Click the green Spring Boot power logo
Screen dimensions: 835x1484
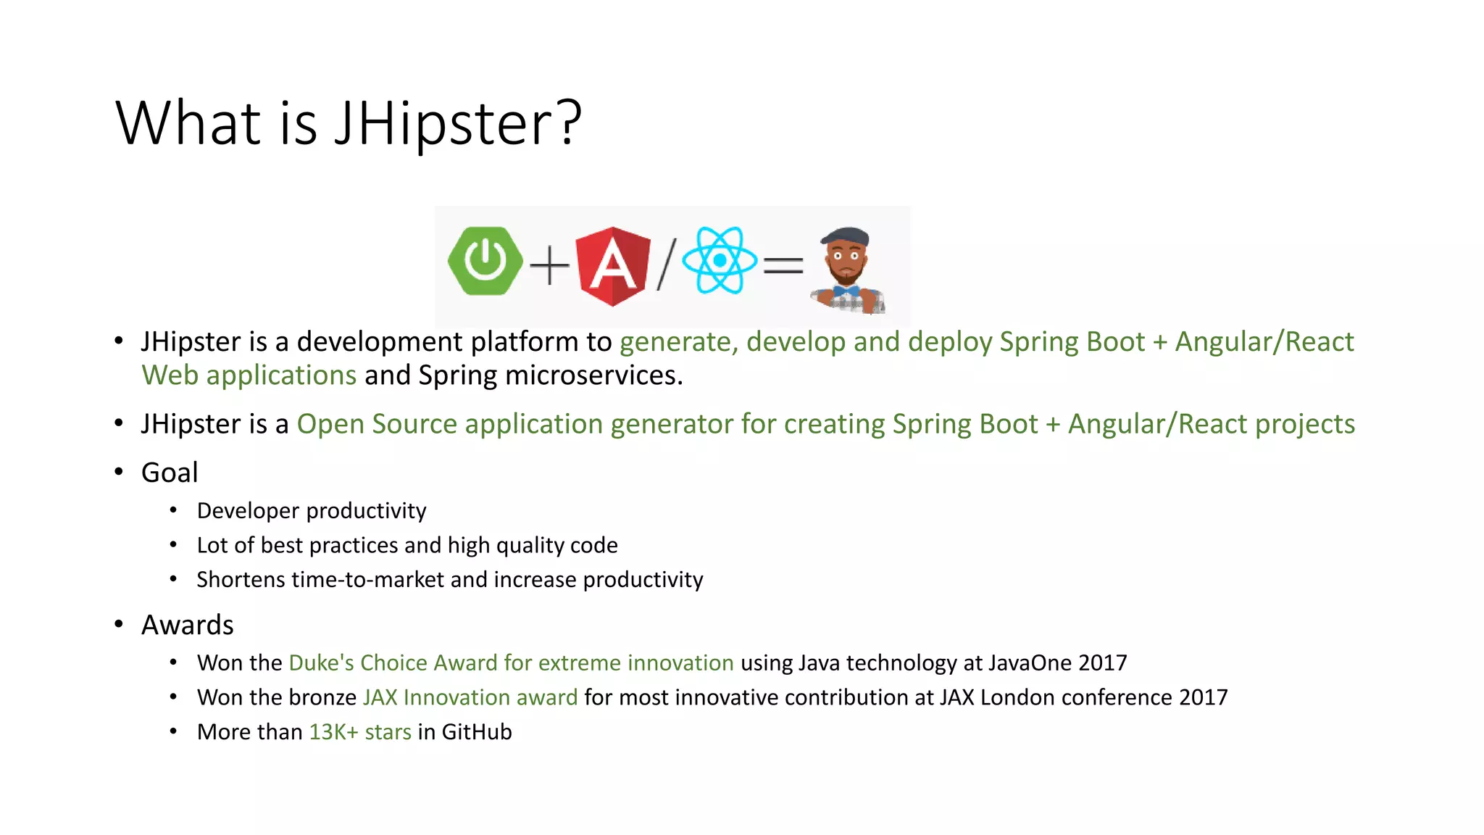click(x=485, y=262)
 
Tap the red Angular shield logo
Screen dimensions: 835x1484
click(x=613, y=265)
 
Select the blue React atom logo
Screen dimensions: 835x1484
click(x=720, y=260)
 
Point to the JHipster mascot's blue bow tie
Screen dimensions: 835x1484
click(x=846, y=291)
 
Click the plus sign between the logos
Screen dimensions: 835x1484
click(x=549, y=265)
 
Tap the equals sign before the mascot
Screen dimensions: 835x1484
click(x=783, y=265)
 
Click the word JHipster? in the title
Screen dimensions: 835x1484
click(x=458, y=123)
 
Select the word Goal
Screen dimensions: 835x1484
click(x=170, y=473)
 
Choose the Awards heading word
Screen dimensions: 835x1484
click(x=187, y=625)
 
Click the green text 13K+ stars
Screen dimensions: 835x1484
click(x=360, y=732)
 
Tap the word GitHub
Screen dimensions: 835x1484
click(x=476, y=732)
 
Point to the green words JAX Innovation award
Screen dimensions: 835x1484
click(x=470, y=697)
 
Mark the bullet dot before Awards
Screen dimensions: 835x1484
click(x=119, y=625)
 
